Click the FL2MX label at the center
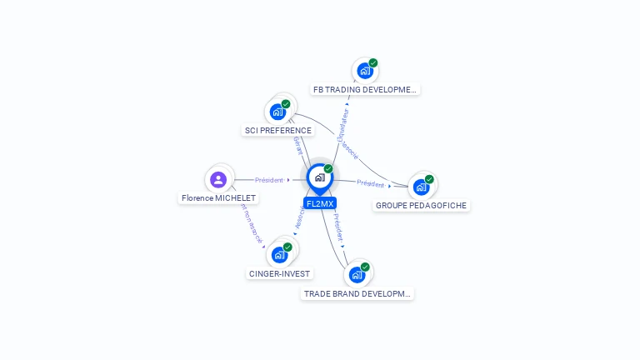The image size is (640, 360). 320,203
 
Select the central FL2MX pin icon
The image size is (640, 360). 319,177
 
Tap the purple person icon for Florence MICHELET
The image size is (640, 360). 218,179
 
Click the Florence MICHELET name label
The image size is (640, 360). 219,198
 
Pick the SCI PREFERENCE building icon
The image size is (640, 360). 277,112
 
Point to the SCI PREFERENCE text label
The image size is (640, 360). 278,130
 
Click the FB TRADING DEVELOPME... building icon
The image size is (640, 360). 365,71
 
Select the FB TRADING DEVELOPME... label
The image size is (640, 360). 364,89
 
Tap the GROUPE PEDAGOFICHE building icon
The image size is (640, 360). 421,187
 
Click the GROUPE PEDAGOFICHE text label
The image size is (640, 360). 422,205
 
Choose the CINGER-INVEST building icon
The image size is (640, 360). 279,254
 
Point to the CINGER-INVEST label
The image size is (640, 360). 280,273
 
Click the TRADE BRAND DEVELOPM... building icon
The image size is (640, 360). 357,274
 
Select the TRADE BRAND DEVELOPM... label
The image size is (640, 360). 357,293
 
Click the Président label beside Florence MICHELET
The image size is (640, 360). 269,180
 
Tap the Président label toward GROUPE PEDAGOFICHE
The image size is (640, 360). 370,184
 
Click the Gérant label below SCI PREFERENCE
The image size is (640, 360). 298,146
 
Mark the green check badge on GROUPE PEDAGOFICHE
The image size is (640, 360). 429,179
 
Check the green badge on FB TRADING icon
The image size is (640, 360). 373,63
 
